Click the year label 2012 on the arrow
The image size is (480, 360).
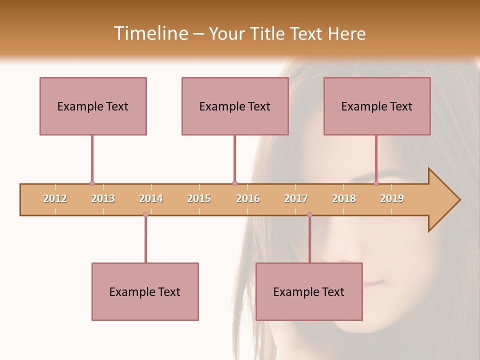click(x=55, y=198)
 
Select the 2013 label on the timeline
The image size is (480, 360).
click(x=103, y=198)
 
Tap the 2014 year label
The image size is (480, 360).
click(x=151, y=198)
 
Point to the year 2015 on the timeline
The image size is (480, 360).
click(x=199, y=198)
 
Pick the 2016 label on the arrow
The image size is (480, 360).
click(x=248, y=198)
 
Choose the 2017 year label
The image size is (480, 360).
click(x=296, y=198)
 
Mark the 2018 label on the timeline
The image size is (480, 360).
click(x=344, y=198)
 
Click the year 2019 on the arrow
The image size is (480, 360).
click(x=392, y=198)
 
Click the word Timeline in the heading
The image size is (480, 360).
click(x=149, y=33)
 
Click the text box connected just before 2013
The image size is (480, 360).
click(x=93, y=106)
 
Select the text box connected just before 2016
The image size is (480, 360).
click(x=235, y=106)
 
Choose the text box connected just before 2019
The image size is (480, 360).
click(x=377, y=106)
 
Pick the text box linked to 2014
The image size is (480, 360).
click(x=145, y=291)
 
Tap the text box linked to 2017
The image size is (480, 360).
click(x=309, y=291)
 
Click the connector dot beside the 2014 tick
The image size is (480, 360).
click(x=145, y=215)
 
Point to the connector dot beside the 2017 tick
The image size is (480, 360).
click(x=309, y=215)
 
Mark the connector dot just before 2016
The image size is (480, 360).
click(x=234, y=183)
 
